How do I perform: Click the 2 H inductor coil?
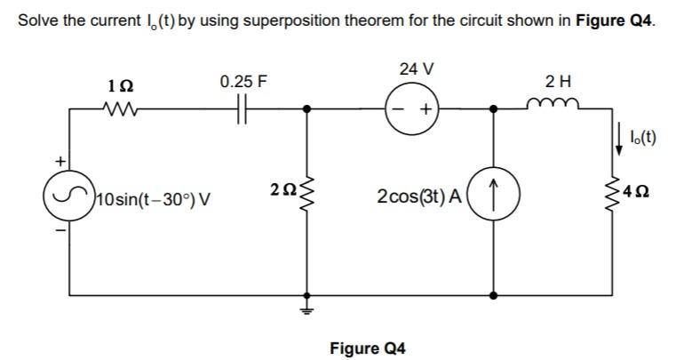pos(557,108)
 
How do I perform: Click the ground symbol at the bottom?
pos(308,306)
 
